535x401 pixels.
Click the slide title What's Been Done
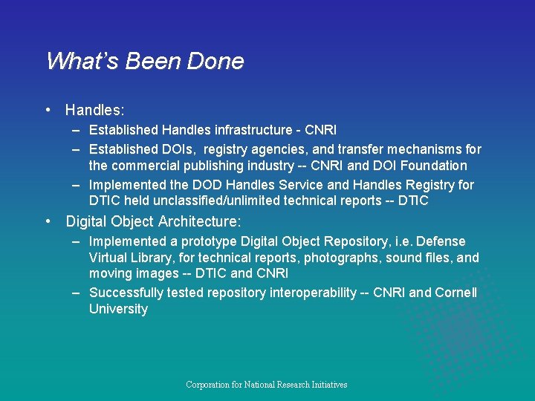tap(145, 61)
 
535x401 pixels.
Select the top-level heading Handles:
tap(94, 111)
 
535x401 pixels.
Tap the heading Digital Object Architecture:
tap(152, 221)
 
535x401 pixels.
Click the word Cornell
tap(455, 293)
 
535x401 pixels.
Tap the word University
tap(118, 309)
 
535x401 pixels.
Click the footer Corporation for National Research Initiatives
tap(267, 385)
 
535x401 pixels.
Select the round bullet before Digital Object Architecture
tap(48, 221)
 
